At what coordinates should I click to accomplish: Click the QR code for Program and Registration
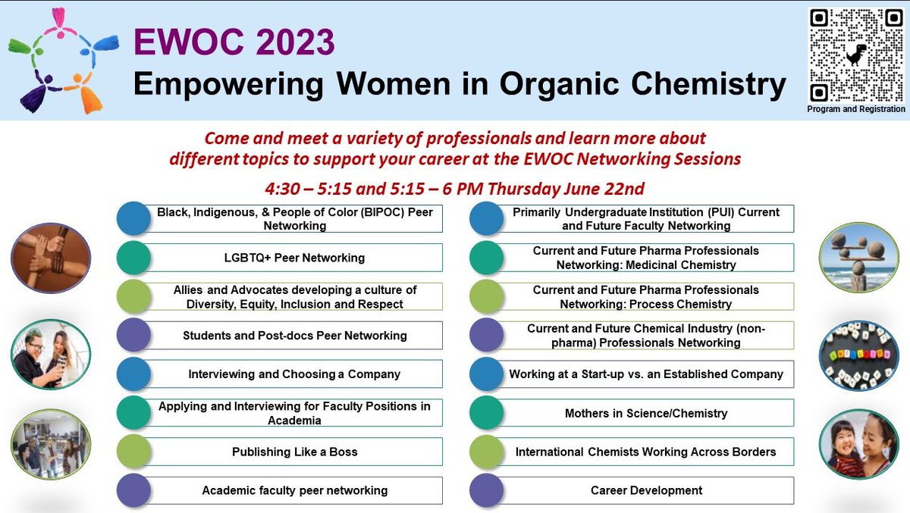point(855,55)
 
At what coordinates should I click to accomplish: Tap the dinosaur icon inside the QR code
point(856,55)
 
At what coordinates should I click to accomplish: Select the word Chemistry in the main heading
point(708,84)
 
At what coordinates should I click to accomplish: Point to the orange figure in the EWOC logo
point(85,93)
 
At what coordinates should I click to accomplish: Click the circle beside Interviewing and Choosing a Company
point(133,374)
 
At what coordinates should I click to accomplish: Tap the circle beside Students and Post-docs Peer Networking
point(133,335)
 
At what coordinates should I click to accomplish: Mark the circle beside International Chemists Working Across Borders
point(486,452)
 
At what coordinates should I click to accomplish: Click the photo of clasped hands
point(51,258)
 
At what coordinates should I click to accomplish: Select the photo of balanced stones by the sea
point(858,258)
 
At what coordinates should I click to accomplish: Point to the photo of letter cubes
point(858,356)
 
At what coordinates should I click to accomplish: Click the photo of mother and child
point(858,444)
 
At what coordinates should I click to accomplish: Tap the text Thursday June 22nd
point(566,189)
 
